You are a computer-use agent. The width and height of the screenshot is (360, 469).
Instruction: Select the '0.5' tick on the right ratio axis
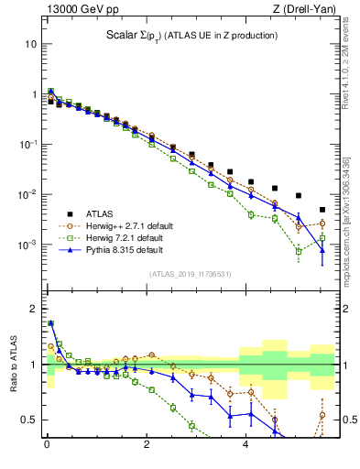coord(348,420)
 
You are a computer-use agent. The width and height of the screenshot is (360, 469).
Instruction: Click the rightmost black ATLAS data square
coord(322,210)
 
